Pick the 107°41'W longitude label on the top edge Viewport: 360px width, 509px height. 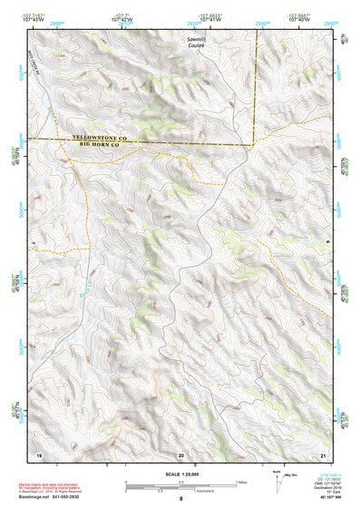click(209, 18)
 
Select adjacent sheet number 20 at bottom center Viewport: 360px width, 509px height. click(180, 454)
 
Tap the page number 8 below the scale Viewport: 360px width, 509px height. click(180, 498)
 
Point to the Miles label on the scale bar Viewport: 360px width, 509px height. click(242, 481)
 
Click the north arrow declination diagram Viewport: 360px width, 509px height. click(277, 481)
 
